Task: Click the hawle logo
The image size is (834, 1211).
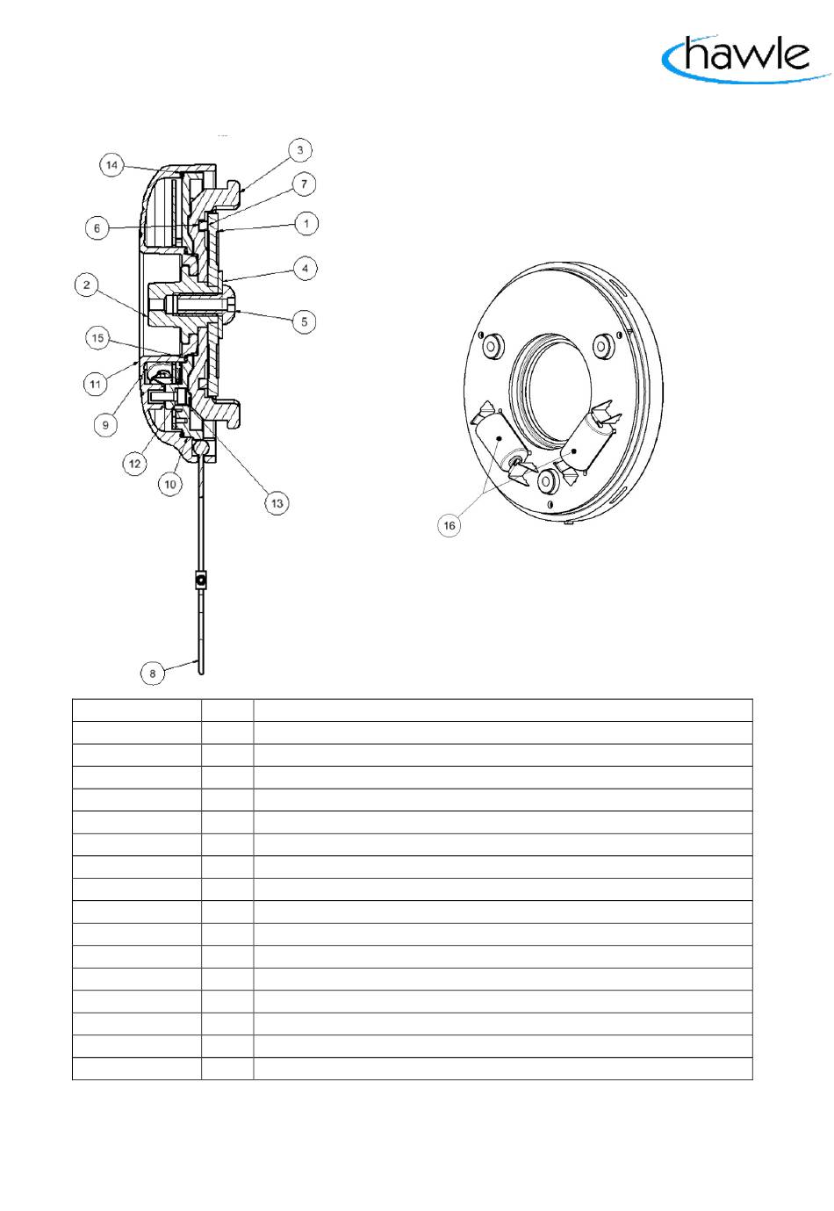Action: pyautogui.click(x=746, y=58)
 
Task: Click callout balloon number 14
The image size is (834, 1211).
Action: pyautogui.click(x=111, y=165)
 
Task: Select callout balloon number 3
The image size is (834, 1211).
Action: pyautogui.click(x=300, y=150)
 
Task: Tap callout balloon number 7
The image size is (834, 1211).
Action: pyautogui.click(x=304, y=184)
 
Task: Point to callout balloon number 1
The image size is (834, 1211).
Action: pyautogui.click(x=306, y=223)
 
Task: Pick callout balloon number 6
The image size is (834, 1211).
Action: pyautogui.click(x=97, y=228)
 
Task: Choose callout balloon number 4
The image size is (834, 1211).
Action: pyautogui.click(x=305, y=268)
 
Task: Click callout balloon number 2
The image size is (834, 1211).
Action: pyautogui.click(x=87, y=285)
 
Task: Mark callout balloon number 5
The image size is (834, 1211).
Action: pyautogui.click(x=304, y=321)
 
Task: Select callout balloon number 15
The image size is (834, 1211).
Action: pyautogui.click(x=97, y=338)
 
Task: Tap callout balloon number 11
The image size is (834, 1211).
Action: pyautogui.click(x=95, y=385)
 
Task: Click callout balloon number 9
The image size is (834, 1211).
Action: pyautogui.click(x=105, y=425)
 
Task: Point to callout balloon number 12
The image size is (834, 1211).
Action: pyautogui.click(x=134, y=464)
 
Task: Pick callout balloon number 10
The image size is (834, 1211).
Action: pyautogui.click(x=169, y=484)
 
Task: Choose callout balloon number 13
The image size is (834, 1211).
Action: pyautogui.click(x=277, y=503)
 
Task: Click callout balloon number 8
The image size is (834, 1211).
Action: pyautogui.click(x=153, y=674)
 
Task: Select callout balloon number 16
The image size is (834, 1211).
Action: pyautogui.click(x=449, y=525)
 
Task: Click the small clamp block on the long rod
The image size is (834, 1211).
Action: pyautogui.click(x=200, y=580)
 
